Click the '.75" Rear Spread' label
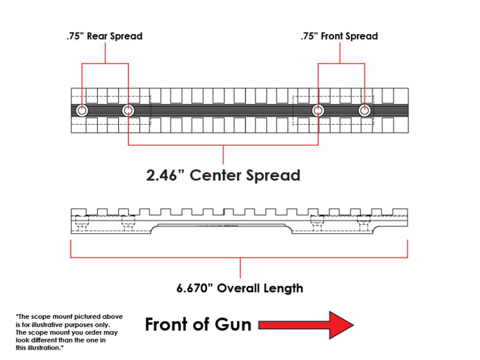104,36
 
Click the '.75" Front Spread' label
339,36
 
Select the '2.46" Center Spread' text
223,175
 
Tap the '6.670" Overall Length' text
240,288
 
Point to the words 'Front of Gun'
198,325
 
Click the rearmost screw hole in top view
82,110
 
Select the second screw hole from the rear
128,110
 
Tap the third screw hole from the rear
318,110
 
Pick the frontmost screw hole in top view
364,110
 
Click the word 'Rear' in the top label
98,36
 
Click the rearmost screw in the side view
82,224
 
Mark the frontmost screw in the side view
364,224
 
